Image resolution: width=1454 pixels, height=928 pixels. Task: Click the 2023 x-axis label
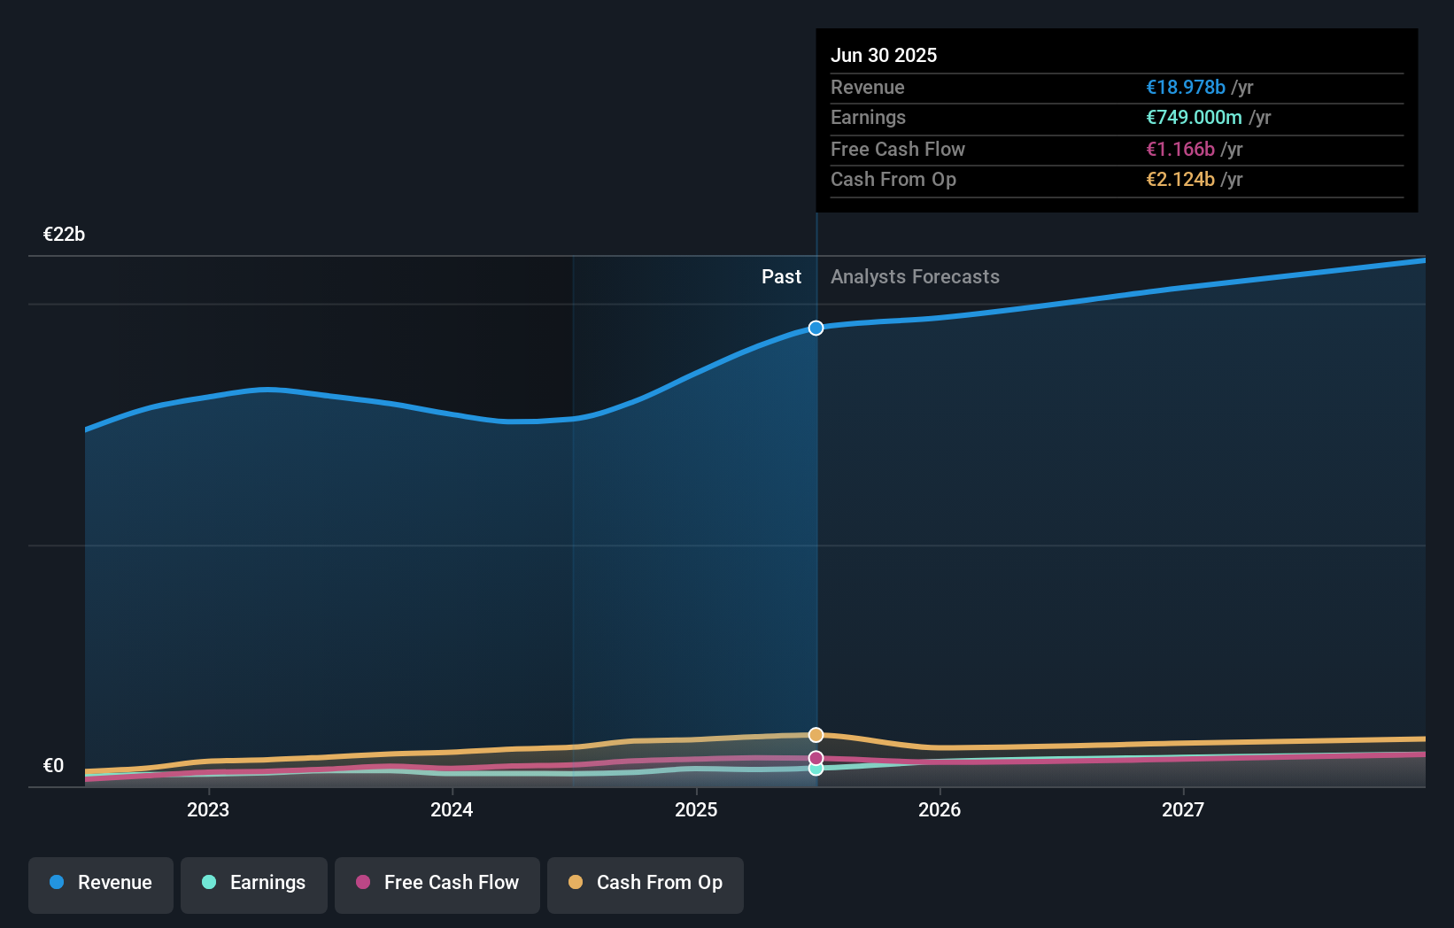pyautogui.click(x=208, y=809)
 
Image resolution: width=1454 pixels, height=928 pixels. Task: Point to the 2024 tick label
pyautogui.click(x=452, y=809)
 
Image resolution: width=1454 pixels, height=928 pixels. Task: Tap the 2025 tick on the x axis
pyautogui.click(x=696, y=809)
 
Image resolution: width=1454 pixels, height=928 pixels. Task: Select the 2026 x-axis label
pyautogui.click(x=940, y=809)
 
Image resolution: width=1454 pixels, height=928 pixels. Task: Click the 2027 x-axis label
pyautogui.click(x=1183, y=809)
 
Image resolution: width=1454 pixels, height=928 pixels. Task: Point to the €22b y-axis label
pyautogui.click(x=64, y=235)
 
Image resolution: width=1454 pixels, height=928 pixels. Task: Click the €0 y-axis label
pyautogui.click(x=53, y=766)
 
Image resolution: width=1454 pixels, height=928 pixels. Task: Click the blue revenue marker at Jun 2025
pyautogui.click(x=816, y=329)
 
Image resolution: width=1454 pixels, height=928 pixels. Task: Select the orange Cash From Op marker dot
pyautogui.click(x=816, y=735)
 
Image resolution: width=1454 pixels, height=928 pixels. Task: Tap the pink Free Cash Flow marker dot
pyautogui.click(x=816, y=758)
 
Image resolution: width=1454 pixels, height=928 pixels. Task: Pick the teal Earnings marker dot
pyautogui.click(x=816, y=769)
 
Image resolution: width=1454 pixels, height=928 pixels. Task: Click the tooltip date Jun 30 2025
pyautogui.click(x=883, y=55)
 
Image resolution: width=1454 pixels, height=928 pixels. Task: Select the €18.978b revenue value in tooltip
pyautogui.click(x=1186, y=87)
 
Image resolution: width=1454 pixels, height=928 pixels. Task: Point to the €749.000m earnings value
pyautogui.click(x=1194, y=118)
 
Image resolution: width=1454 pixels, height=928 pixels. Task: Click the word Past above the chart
pyautogui.click(x=781, y=277)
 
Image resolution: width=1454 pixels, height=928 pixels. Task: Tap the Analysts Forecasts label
pyautogui.click(x=915, y=277)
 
